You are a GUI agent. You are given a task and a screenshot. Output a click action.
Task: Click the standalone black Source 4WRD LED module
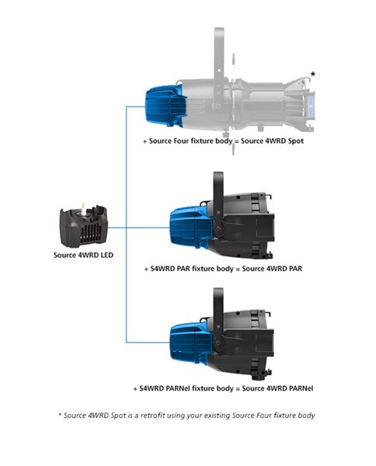tap(84, 226)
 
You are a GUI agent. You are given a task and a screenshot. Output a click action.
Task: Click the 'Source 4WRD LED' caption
tap(84, 255)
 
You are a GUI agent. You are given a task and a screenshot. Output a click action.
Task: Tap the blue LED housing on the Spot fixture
tap(165, 106)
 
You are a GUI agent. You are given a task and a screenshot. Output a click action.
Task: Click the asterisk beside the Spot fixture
tap(313, 74)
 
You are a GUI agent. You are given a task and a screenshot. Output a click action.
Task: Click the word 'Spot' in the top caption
tap(296, 141)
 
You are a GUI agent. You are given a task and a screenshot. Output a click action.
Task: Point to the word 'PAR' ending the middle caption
tap(295, 269)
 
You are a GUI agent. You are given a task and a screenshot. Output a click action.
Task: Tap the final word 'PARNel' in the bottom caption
tap(300, 388)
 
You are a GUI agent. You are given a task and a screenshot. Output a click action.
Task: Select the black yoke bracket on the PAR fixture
tap(218, 204)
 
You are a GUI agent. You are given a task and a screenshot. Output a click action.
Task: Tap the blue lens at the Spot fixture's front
tap(311, 105)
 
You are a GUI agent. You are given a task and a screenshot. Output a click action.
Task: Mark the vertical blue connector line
tap(127, 224)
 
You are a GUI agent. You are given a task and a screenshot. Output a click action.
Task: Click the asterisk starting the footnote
tap(60, 414)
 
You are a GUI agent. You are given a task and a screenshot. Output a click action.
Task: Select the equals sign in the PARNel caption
tap(238, 389)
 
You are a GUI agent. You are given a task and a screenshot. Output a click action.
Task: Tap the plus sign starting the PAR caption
tap(146, 270)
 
